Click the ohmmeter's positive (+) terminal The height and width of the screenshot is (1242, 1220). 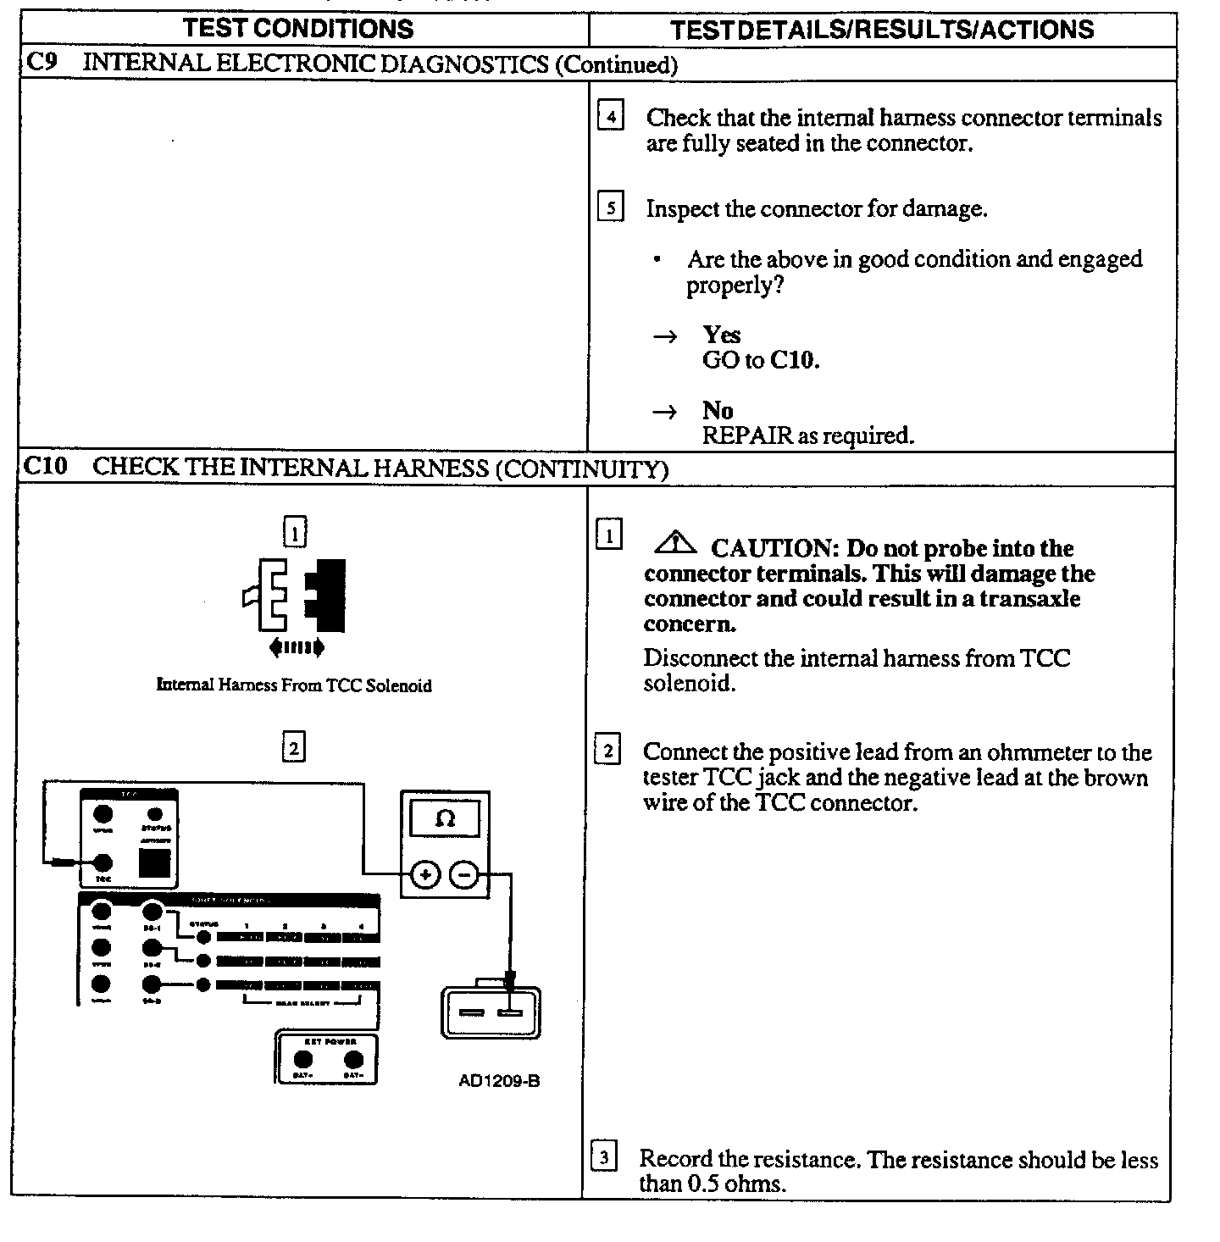[425, 875]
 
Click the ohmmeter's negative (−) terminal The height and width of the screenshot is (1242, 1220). [463, 875]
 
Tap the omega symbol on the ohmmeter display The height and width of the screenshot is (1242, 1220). [445, 819]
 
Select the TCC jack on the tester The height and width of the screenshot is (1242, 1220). [103, 863]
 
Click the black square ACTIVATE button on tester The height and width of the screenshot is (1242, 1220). [154, 864]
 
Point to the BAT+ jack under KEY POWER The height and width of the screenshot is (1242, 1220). [302, 1059]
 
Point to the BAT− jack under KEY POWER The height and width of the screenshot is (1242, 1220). [353, 1059]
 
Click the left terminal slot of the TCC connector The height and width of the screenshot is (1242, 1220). [472, 1013]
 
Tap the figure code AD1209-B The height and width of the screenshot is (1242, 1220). [499, 1081]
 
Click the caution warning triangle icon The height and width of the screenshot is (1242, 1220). [675, 541]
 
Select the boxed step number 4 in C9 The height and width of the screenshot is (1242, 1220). [611, 115]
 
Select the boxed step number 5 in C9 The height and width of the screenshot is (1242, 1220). [611, 207]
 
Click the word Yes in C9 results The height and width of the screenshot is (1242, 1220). [721, 335]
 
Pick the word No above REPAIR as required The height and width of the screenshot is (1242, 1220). [718, 411]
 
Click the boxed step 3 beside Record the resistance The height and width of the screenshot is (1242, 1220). [603, 1157]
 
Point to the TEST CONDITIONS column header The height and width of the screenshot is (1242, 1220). [298, 29]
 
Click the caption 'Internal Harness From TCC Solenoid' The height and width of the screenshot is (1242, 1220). [294, 685]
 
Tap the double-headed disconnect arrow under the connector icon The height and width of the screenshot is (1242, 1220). [296, 649]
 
